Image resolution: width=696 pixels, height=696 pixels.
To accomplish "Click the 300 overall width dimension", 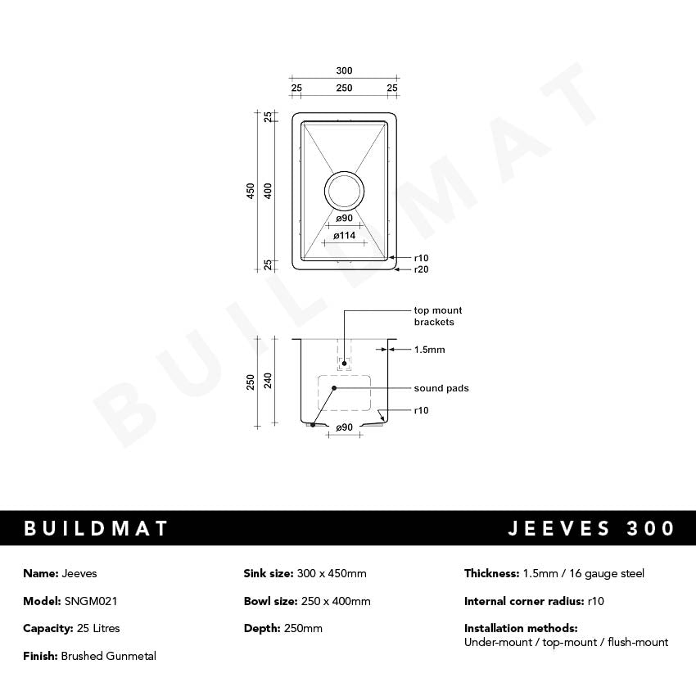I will [344, 70].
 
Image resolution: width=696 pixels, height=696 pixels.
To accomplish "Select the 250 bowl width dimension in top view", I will [344, 88].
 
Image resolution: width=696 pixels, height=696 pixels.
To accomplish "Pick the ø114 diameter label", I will [344, 236].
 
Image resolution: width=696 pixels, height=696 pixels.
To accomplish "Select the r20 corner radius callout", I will [421, 269].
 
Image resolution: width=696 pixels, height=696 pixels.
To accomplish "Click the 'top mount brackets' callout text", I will [437, 316].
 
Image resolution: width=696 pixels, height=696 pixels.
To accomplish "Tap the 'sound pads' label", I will [441, 388].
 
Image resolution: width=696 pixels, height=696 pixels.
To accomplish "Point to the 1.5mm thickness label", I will [429, 350].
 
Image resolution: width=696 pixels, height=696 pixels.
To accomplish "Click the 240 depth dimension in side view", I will [268, 382].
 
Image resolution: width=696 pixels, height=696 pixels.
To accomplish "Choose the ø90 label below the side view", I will [344, 427].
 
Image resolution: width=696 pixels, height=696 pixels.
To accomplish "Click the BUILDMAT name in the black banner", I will [96, 528].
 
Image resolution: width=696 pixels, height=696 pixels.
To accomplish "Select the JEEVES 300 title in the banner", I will [591, 528].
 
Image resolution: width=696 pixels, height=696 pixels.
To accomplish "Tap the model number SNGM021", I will [90, 601].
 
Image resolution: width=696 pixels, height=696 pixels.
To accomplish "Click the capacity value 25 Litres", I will [92, 628].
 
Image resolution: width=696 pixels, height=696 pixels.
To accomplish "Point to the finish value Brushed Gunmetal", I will [108, 656].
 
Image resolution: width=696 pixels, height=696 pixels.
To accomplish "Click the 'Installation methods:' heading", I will [521, 628].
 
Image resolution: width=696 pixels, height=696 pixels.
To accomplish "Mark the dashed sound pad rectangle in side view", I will [344, 393].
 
